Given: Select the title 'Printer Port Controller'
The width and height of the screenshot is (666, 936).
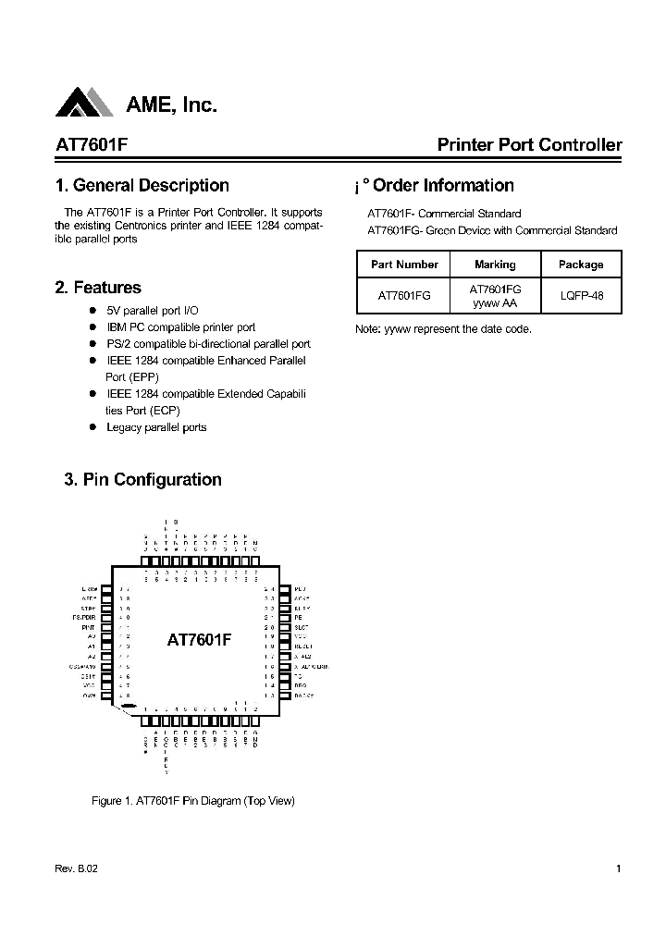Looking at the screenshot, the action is click(529, 145).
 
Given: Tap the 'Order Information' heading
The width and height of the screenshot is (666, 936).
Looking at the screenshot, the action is click(443, 185).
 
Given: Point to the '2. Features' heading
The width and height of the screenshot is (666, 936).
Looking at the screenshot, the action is click(98, 288).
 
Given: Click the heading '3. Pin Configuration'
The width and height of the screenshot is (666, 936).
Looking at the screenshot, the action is click(142, 479).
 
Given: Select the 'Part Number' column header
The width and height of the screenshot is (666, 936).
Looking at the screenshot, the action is click(404, 265).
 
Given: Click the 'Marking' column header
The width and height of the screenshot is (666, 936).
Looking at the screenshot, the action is click(495, 265).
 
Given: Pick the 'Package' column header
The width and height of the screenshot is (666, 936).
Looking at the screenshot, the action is click(581, 265).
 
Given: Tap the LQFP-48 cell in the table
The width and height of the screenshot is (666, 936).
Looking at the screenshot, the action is click(581, 296).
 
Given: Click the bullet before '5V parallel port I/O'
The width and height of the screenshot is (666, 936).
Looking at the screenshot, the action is click(92, 311).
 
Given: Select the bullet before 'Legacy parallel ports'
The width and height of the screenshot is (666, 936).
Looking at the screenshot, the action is click(92, 427).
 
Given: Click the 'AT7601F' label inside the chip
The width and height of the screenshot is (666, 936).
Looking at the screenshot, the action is click(199, 639).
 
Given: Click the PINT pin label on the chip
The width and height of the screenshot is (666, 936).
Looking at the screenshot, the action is click(89, 627).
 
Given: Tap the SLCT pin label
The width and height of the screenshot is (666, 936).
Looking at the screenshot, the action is click(300, 627).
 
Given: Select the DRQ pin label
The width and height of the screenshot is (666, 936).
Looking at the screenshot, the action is click(299, 685).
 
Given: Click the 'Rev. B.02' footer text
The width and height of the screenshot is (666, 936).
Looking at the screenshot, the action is click(76, 868).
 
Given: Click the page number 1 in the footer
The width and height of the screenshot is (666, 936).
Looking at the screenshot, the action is click(618, 868).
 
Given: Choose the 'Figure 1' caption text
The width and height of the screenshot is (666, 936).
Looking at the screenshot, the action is click(193, 800).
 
